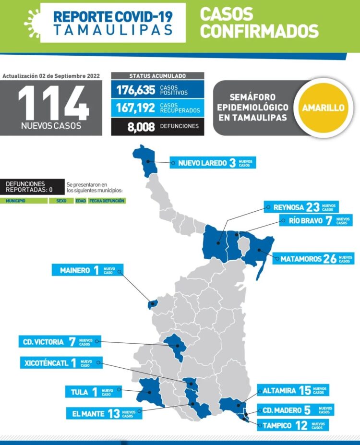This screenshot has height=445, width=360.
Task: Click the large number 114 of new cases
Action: tap(53, 102)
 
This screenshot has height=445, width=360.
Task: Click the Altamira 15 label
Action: tap(292, 390)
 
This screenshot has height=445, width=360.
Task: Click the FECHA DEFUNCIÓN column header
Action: tap(107, 201)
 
